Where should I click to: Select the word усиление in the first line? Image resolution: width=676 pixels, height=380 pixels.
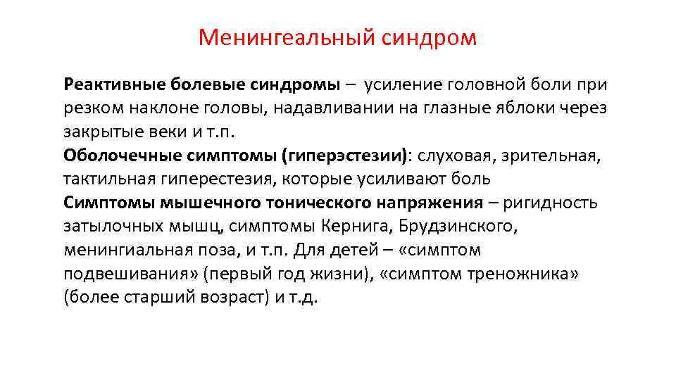tap(403, 85)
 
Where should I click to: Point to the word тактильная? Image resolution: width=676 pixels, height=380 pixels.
tap(106, 179)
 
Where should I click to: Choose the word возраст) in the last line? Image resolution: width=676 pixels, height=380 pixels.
tap(232, 297)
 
